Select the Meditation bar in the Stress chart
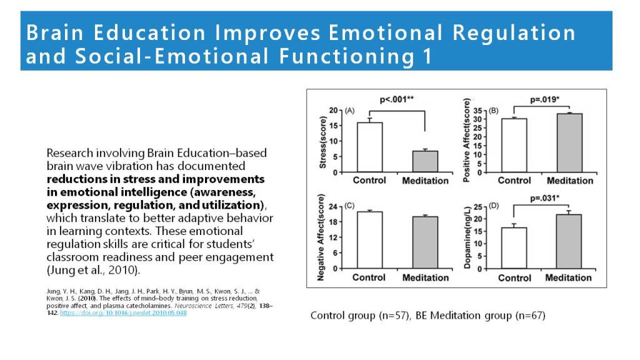pyautogui.click(x=425, y=161)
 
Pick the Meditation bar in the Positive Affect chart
pyautogui.click(x=569, y=143)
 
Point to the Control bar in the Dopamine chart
pyautogui.click(x=514, y=248)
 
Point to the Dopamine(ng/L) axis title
pyautogui.click(x=467, y=237)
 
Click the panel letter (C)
pyautogui.click(x=350, y=205)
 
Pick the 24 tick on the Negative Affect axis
pyautogui.click(x=334, y=207)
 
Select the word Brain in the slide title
pyautogui.click(x=51, y=32)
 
